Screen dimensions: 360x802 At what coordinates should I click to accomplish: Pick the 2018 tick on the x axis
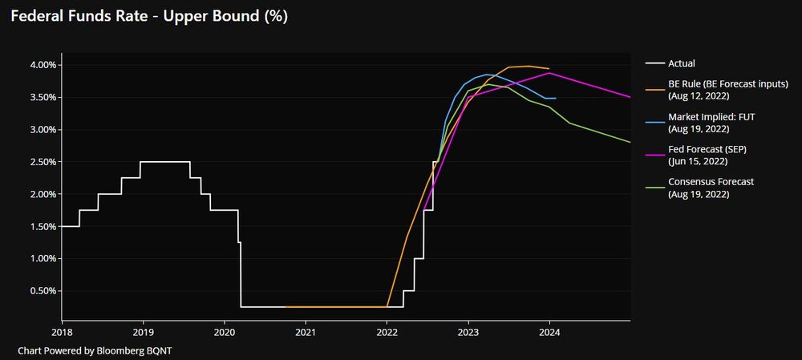[x=62, y=331]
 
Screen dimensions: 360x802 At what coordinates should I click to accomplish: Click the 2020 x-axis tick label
[x=225, y=331]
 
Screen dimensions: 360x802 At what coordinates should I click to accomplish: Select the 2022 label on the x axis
[x=387, y=331]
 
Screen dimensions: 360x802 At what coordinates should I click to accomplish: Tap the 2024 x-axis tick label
[x=549, y=331]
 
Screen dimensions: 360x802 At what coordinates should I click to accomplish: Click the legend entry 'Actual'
[x=681, y=63]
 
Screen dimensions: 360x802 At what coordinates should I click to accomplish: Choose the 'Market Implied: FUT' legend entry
[x=711, y=116]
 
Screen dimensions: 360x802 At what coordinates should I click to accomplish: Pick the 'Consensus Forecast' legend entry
[x=711, y=182]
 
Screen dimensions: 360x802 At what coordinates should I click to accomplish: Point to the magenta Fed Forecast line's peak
[x=549, y=73]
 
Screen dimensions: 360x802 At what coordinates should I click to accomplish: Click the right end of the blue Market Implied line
[x=556, y=98]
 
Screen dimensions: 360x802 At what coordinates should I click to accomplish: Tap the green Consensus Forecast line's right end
[x=630, y=142]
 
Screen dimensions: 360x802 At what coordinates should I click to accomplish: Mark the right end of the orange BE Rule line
[x=549, y=69]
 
